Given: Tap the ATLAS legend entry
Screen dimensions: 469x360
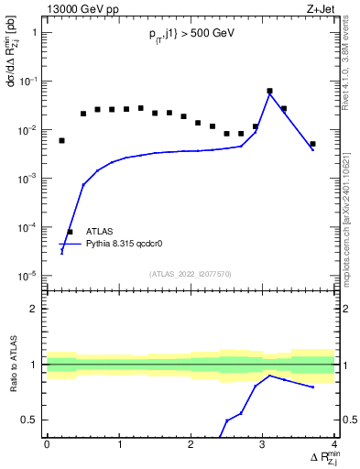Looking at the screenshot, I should click(99, 232).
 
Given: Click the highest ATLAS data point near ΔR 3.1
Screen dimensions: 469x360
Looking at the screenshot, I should click(269, 91).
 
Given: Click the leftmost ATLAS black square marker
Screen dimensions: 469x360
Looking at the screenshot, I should click(61, 140).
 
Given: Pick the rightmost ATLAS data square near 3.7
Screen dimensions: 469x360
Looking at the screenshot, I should click(312, 144).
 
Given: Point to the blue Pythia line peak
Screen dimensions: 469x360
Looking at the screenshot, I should click(269, 94).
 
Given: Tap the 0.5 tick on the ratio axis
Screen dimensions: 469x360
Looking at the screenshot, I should click(33, 420).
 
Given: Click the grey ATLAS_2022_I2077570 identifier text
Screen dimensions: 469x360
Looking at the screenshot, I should click(191, 272).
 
